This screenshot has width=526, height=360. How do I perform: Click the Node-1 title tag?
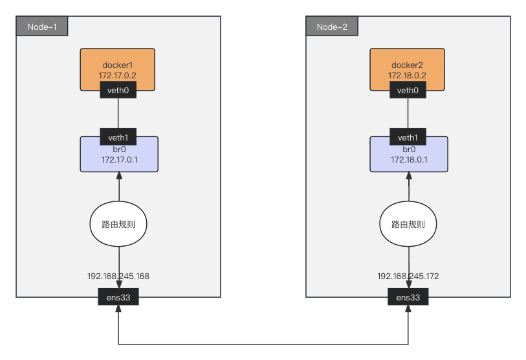tap(42, 26)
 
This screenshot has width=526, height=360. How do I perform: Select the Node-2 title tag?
tap(332, 26)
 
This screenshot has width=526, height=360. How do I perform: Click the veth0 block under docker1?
tap(118, 90)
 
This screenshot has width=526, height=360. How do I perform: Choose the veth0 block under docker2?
tap(408, 90)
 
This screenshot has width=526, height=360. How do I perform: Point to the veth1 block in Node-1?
tap(118, 137)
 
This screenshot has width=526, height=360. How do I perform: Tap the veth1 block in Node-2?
tap(408, 137)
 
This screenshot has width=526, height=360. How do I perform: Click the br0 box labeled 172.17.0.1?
tap(119, 159)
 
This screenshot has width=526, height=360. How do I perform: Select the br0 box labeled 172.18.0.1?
tap(409, 159)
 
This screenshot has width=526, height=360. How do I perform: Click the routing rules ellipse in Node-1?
tap(118, 224)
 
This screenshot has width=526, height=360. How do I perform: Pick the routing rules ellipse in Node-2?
tap(408, 224)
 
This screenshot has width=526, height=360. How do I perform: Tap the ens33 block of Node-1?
tap(118, 297)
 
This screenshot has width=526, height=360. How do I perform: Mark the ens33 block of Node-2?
tap(408, 297)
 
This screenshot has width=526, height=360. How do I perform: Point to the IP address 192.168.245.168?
tap(118, 276)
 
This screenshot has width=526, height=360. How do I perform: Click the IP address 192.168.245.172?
tap(408, 276)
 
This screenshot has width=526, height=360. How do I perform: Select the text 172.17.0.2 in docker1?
tap(117, 76)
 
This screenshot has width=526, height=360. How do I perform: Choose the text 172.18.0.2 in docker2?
tap(407, 76)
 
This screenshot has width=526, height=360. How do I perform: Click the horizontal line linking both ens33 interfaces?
tap(263, 344)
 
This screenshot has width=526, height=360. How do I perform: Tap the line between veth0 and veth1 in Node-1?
tap(118, 113)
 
